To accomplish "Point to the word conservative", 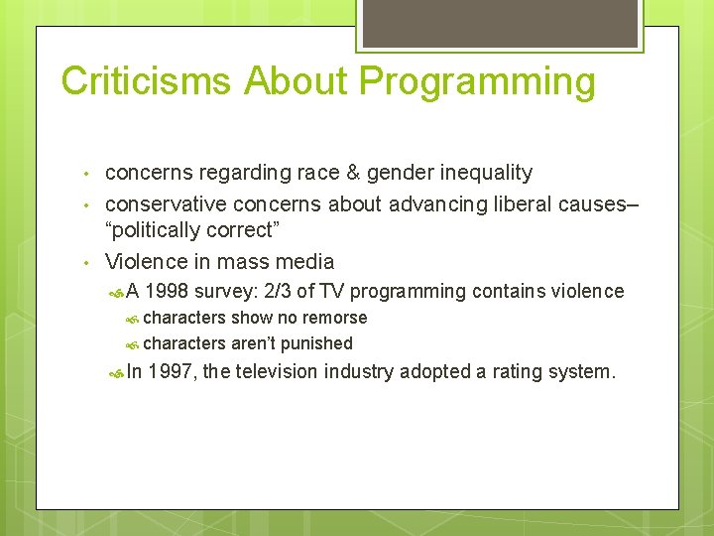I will click(166, 203).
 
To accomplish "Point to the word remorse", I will click(334, 318).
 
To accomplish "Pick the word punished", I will click(316, 343).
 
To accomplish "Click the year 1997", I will click(172, 372).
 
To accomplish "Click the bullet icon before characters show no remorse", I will click(133, 319).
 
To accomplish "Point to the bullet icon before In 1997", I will click(115, 373).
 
